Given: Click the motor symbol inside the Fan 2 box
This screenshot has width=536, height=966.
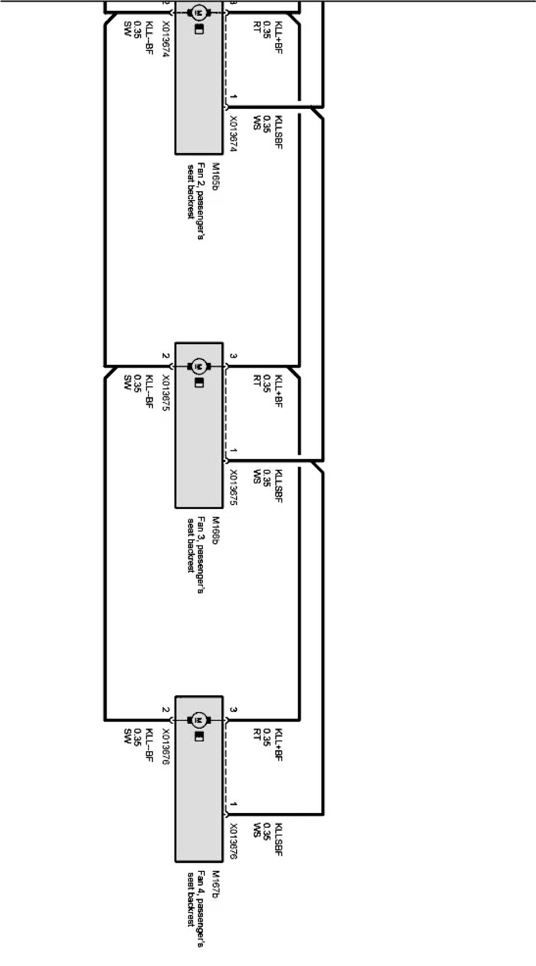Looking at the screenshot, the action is click(199, 12).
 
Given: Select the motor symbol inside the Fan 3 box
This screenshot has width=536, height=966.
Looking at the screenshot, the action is click(199, 366).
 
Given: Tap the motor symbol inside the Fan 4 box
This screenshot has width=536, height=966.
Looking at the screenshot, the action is click(199, 719).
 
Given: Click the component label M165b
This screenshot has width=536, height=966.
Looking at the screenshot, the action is click(215, 176).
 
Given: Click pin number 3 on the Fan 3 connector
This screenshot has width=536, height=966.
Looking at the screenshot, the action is click(233, 356).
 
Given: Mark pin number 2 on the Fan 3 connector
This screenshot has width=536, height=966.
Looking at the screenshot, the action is click(165, 356).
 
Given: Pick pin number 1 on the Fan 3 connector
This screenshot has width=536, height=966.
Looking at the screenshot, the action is click(233, 451).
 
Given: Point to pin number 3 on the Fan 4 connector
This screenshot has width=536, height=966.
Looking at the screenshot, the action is click(233, 710).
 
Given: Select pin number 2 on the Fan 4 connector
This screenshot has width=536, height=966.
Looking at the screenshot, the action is click(165, 710).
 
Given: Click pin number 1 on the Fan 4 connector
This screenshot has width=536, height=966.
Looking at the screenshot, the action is click(233, 805).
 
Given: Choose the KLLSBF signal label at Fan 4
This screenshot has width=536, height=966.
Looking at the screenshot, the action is click(279, 839).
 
